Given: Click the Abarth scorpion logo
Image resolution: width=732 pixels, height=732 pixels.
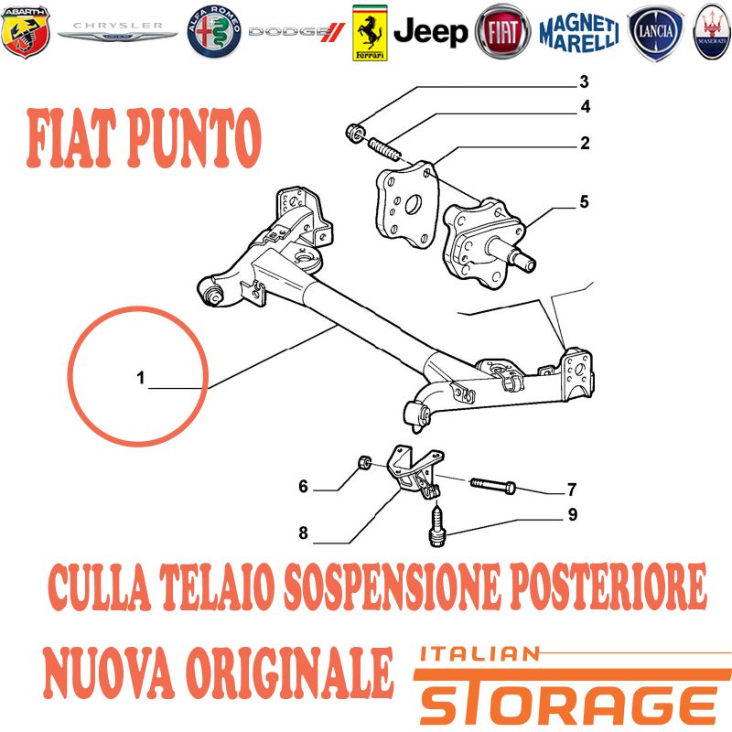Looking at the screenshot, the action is click(26, 32).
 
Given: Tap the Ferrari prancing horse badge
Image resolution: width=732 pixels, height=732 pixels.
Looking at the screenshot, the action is click(370, 33).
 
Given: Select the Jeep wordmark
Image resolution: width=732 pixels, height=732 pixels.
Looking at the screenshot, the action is click(430, 32).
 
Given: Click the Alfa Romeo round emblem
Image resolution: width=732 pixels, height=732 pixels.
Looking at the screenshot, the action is click(214, 32).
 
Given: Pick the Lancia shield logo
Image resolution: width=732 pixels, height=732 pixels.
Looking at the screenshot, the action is click(656, 32).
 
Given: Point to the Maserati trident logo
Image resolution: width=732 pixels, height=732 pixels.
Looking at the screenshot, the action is click(712, 32).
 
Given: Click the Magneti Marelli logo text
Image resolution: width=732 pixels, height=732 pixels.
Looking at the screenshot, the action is click(579, 33).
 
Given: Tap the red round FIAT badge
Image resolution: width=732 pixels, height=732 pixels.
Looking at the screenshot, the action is click(502, 32).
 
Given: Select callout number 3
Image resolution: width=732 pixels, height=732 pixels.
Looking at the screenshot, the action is click(584, 81).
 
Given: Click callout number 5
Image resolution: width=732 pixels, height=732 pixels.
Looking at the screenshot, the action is click(584, 202).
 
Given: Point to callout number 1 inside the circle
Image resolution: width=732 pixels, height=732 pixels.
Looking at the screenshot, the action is click(141, 378).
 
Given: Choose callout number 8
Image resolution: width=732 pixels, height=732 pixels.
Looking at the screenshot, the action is click(304, 533).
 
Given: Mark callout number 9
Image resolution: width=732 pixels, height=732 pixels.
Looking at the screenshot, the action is click(573, 514).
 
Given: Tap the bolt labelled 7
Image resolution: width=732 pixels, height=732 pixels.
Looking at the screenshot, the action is click(493, 485).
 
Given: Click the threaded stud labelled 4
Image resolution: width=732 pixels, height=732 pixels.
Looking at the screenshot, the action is click(384, 148).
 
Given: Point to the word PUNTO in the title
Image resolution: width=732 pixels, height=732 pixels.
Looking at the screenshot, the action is click(194, 138).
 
